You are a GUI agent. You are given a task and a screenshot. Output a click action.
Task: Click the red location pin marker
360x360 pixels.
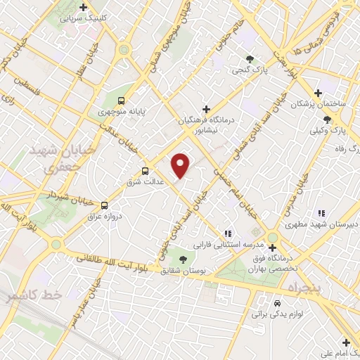[181, 165]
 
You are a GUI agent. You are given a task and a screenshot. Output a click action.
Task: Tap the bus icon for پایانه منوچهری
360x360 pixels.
[122, 101]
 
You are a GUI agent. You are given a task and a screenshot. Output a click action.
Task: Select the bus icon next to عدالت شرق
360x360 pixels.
[146, 170]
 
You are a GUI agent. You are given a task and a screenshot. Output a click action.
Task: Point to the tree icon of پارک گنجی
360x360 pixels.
[250, 60]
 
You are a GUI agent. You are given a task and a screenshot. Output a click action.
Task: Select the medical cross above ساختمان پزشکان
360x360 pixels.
[318, 92]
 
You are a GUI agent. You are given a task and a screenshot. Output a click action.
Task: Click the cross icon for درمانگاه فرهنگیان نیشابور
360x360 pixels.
[206, 109]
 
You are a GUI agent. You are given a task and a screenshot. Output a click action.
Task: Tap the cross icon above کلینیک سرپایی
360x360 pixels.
[84, 8]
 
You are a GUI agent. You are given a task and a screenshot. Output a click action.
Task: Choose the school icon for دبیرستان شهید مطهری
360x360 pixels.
[320, 213]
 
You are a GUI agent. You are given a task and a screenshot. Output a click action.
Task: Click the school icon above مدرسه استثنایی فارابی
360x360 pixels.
[226, 233]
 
